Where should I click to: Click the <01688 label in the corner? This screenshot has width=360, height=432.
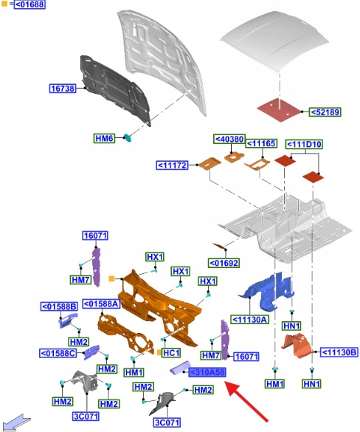30,4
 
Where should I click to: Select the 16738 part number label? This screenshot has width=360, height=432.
63,89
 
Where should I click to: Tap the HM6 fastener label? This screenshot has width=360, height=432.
104,138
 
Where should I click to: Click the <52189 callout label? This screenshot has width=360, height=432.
325,112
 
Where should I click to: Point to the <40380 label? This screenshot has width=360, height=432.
229,139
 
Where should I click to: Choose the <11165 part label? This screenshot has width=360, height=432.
261,143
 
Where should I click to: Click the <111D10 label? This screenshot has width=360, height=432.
304,144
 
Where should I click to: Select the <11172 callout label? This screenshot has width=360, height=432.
173,165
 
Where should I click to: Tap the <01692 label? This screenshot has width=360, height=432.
224,263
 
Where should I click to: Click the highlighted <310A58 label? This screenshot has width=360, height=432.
207,372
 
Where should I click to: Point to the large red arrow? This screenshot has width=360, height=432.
246,401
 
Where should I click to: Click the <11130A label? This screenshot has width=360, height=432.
249,320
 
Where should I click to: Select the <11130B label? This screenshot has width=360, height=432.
339,352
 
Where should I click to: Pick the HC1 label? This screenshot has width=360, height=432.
171,353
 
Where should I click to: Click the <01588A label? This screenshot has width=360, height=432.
101,304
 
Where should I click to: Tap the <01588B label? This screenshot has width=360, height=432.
59,306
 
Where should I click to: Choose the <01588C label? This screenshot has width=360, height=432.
58,353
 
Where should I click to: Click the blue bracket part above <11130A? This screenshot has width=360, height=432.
267,292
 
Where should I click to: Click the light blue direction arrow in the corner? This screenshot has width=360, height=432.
16,422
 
